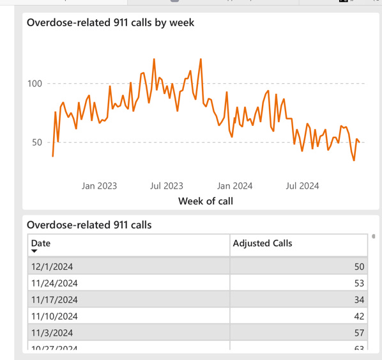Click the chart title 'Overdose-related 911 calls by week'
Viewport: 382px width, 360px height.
pos(111,23)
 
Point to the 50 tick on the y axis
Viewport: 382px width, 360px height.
pos(36,143)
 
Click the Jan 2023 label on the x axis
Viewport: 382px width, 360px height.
pos(100,186)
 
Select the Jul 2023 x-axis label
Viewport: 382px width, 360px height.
pos(166,186)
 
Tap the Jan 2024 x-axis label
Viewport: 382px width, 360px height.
pos(234,186)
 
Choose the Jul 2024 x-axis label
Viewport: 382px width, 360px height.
pos(302,186)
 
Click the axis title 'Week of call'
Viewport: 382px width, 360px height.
pos(205,201)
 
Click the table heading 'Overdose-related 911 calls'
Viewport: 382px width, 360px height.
pos(89,224)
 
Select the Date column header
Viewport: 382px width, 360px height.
pos(41,243)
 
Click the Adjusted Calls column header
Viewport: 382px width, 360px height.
pos(262,243)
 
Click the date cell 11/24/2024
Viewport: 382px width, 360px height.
pos(54,283)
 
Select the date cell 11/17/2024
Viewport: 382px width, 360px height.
pos(54,299)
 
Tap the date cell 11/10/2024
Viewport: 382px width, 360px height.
pos(54,316)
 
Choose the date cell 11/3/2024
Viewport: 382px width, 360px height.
pos(52,333)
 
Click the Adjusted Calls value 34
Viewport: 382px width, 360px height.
pos(358,299)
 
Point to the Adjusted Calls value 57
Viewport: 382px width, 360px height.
pos(358,333)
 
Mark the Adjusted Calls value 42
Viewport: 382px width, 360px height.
pos(358,316)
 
